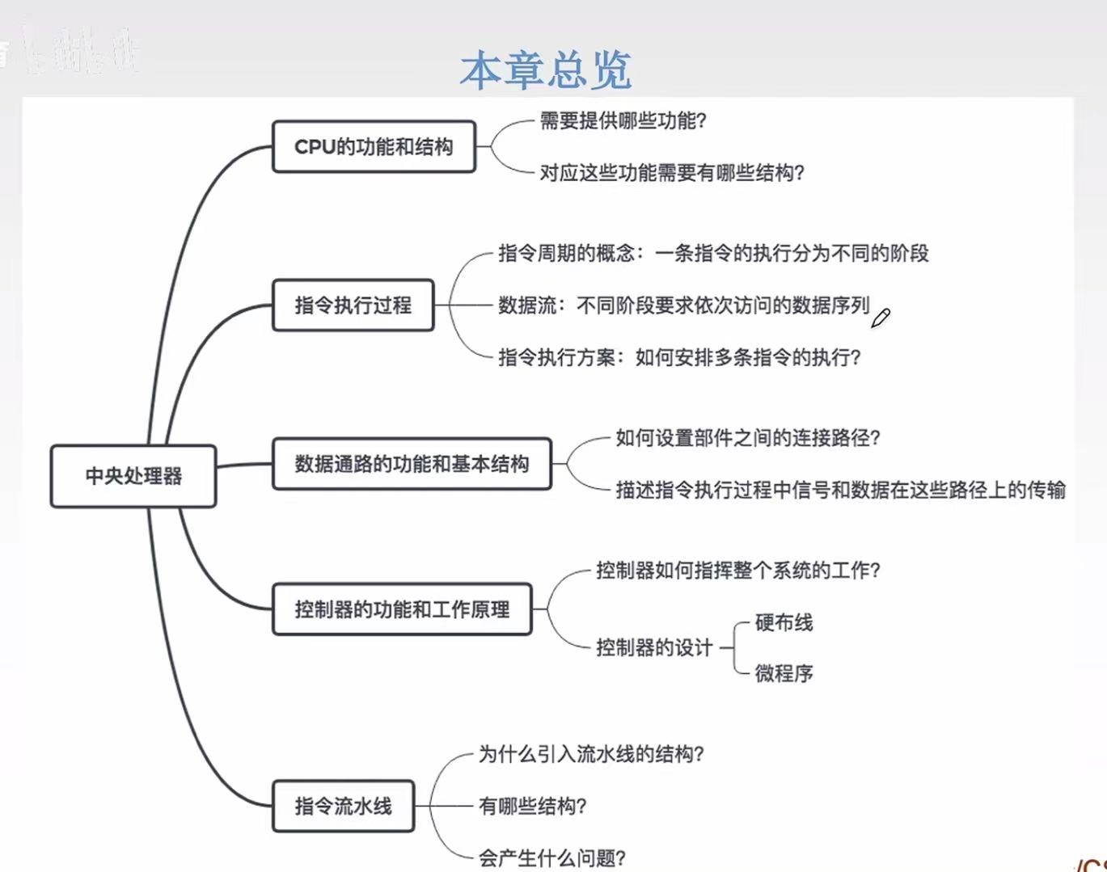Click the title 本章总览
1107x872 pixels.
click(545, 70)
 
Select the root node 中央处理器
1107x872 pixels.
click(133, 476)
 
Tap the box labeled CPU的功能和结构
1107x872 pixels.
click(374, 147)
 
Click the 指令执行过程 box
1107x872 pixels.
click(353, 305)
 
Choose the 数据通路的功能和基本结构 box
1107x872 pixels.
click(412, 464)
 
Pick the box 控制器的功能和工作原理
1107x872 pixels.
click(402, 609)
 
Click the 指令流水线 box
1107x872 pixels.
click(343, 806)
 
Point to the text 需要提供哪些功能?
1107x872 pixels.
click(623, 121)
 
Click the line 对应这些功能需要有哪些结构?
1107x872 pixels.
click(672, 173)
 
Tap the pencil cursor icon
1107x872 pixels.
click(880, 318)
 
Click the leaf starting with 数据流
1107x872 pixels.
click(683, 305)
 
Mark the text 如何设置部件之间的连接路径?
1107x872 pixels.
click(747, 438)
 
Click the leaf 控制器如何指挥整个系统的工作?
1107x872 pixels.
click(737, 571)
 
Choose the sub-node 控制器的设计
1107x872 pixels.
click(654, 647)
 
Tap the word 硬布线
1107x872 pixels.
click(784, 623)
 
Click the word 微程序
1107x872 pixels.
click(784, 673)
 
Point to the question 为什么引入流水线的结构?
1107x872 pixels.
click(591, 755)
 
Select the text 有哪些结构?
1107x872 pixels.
click(532, 807)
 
